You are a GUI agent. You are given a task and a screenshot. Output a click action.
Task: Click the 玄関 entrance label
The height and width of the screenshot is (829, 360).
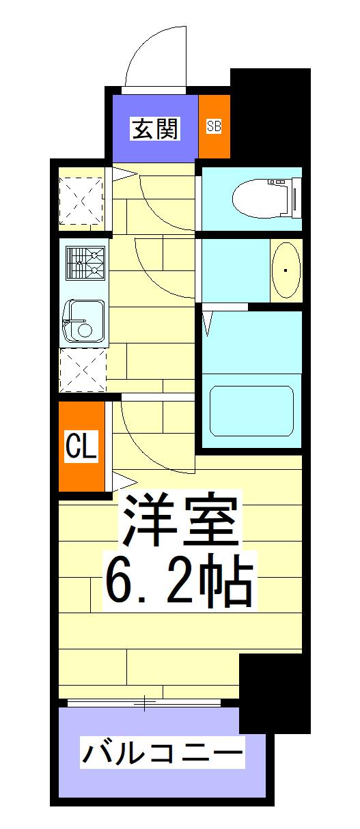click(x=155, y=128)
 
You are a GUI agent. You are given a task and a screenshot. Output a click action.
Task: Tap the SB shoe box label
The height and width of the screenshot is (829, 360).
click(x=214, y=126)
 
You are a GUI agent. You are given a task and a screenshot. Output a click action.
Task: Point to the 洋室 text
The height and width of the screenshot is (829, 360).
click(x=180, y=521)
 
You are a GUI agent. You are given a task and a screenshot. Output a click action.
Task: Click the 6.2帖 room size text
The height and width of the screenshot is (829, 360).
click(x=180, y=580)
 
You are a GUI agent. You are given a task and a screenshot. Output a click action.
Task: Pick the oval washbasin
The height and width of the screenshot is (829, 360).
click(x=286, y=270)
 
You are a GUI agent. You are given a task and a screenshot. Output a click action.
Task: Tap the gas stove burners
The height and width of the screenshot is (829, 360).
click(x=85, y=264)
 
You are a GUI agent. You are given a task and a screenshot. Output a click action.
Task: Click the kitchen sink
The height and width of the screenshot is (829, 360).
click(x=84, y=321)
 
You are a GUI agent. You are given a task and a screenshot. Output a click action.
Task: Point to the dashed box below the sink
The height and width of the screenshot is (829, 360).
click(x=83, y=369)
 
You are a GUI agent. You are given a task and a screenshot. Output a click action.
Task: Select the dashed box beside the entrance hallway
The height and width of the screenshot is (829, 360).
click(x=81, y=201)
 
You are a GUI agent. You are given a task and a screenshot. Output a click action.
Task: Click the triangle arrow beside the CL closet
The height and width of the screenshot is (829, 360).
click(x=126, y=482)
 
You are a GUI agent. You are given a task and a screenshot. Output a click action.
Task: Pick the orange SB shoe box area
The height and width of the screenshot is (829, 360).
click(x=214, y=126)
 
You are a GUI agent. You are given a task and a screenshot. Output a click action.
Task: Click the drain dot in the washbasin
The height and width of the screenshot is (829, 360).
click(x=286, y=270)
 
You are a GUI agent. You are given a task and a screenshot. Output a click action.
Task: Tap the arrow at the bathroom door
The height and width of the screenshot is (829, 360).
click(x=208, y=323)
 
